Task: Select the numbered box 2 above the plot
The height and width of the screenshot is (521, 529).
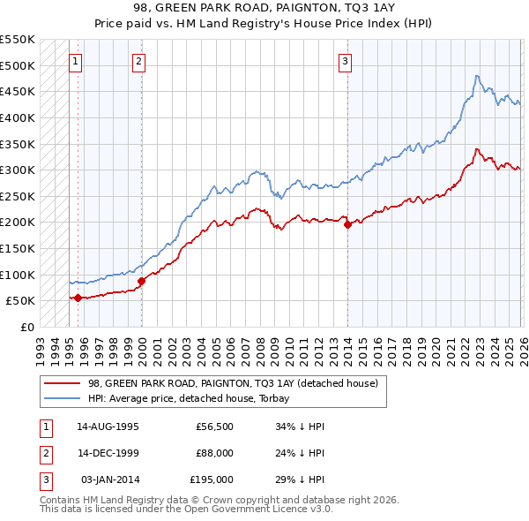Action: pos(139,61)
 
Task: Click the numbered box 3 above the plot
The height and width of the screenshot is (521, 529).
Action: pos(345,61)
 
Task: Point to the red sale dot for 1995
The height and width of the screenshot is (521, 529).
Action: pos(78,298)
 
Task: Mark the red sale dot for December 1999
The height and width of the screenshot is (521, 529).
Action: pos(141,281)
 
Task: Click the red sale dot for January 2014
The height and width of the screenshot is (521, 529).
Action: pos(347,224)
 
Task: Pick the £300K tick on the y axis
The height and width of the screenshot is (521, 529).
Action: pos(18,170)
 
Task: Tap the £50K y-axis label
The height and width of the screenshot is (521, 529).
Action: pos(20,301)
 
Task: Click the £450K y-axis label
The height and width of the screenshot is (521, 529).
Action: pos(18,91)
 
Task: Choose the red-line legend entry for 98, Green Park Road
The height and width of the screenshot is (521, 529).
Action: pos(233,383)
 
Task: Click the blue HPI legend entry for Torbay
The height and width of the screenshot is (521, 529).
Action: pos(195,398)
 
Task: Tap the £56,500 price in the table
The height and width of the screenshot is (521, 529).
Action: pos(214,426)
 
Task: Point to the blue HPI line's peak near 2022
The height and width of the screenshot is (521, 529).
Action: pos(476,76)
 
